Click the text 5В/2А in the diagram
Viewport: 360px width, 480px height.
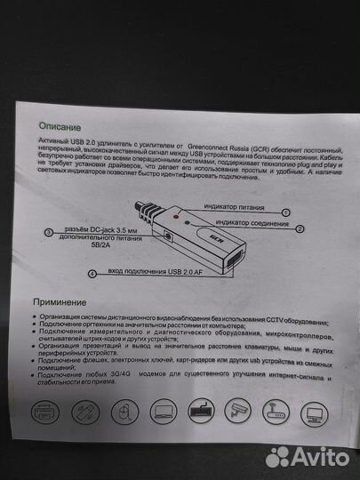74,250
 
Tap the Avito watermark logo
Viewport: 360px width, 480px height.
306,455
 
